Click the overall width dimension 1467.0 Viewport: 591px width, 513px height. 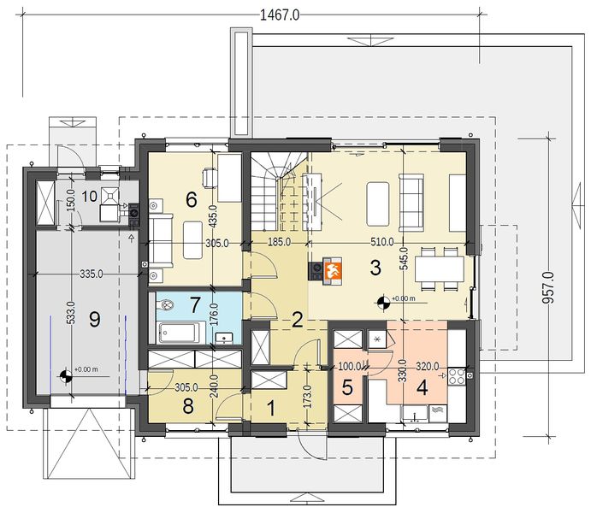click(280, 15)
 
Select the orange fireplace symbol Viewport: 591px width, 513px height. click(333, 270)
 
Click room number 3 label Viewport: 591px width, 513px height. click(375, 268)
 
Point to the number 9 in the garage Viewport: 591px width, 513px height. click(95, 320)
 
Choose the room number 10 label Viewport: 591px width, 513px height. click(90, 196)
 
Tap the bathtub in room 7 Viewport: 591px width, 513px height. click(177, 333)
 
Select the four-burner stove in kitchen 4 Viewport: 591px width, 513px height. click(457, 376)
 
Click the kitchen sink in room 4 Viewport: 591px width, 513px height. click(415, 413)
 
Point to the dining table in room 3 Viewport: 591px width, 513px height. click(439, 269)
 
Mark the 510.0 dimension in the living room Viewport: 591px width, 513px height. click(382, 242)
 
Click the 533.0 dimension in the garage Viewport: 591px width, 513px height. click(73, 313)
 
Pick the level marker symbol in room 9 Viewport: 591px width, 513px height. click(66, 375)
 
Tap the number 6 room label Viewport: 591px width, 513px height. click(192, 199)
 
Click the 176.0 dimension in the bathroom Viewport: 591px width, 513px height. click(213, 316)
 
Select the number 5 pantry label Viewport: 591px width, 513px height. click(347, 387)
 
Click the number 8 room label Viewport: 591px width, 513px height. click(188, 406)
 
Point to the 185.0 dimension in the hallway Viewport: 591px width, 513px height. click(280, 242)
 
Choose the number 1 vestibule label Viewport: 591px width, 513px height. click(270, 409)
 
